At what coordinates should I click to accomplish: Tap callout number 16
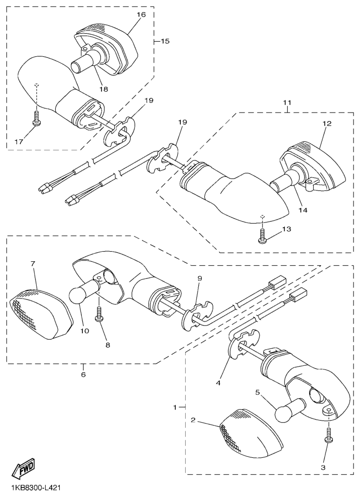coord(141,15)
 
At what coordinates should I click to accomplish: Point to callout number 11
coord(287,103)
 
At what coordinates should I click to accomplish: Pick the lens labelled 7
coord(41,314)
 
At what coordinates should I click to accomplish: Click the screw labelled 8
coord(99,314)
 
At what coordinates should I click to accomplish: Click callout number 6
coord(83,374)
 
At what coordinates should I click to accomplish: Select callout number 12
coord(327,124)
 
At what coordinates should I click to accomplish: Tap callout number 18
coord(103,89)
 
